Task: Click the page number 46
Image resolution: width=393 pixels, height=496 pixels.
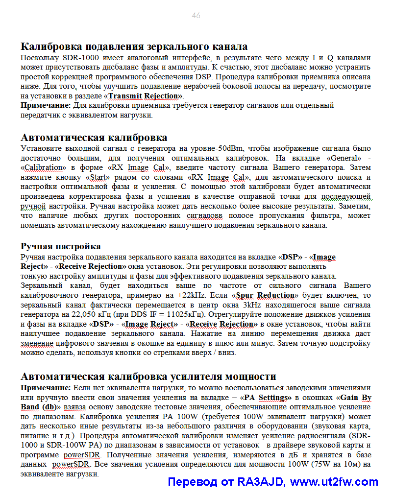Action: [196, 16]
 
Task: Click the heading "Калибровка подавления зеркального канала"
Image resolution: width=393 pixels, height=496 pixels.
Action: [134, 47]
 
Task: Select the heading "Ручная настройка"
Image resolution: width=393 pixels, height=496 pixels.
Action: [61, 246]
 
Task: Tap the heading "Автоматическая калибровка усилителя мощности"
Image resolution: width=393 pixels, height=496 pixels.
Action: [148, 377]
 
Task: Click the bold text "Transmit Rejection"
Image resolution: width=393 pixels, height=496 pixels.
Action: [145, 95]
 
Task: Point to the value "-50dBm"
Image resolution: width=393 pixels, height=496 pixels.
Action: [230, 148]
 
